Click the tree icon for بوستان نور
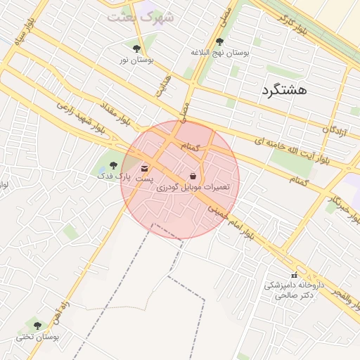click(136, 49)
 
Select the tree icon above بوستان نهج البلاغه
click(219, 41)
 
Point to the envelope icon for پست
click(145, 169)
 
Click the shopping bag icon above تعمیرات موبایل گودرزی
click(193, 175)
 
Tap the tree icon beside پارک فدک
click(113, 165)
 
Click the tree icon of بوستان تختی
click(37, 326)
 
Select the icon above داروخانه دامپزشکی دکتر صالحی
click(294, 275)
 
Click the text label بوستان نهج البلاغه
click(220, 53)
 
